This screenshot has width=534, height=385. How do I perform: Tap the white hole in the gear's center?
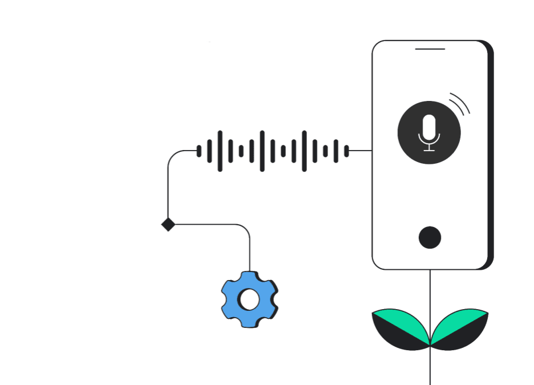249,299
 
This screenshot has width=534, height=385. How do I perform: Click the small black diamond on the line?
168,224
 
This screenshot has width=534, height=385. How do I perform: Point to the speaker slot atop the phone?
430,49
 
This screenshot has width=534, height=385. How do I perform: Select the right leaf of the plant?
459,329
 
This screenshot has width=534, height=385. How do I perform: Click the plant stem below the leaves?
430,368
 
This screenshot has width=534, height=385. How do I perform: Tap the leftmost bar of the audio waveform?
199,151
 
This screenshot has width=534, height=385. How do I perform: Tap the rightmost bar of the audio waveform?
346,151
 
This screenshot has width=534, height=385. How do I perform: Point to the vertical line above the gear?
250,251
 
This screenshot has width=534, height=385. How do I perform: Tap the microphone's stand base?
429,151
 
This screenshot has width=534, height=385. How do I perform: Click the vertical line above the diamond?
168,188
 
